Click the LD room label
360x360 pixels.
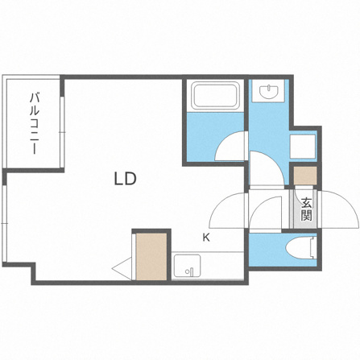click(x=126, y=179)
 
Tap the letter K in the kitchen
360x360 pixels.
click(x=206, y=238)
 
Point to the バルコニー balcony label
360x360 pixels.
click(x=34, y=123)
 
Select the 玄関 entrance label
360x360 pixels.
click(x=306, y=209)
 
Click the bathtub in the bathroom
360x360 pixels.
click(x=215, y=95)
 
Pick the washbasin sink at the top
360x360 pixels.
click(x=268, y=91)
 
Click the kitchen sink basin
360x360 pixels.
click(x=187, y=266)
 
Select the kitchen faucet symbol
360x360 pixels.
click(x=189, y=271)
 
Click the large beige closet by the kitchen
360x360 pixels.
click(x=151, y=257)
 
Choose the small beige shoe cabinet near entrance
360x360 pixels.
click(x=305, y=176)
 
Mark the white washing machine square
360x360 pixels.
click(x=303, y=147)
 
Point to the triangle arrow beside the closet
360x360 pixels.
click(x=122, y=268)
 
